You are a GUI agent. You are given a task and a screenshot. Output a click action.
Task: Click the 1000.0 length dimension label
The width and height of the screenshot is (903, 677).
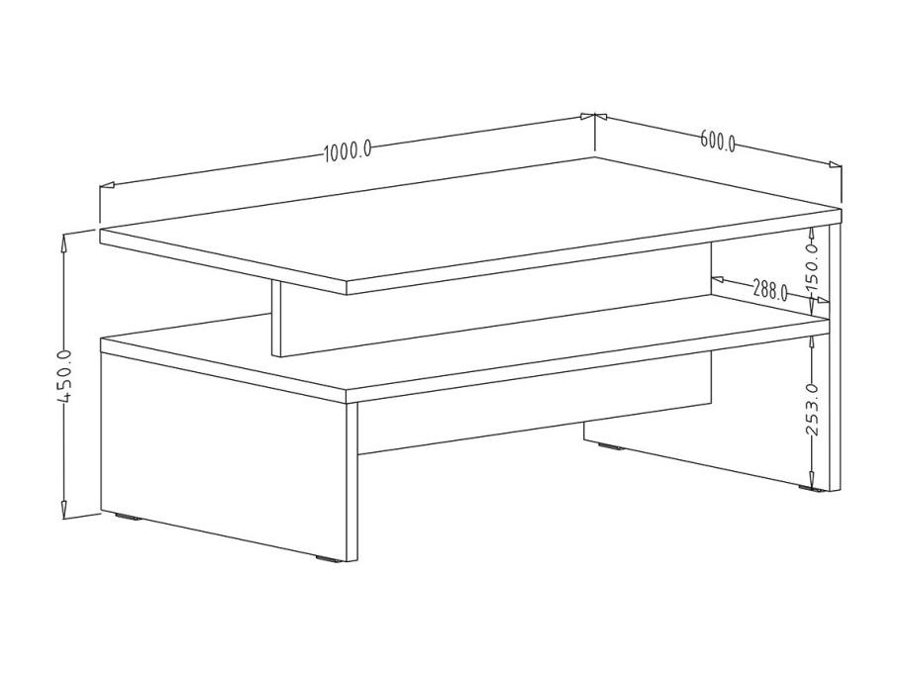click(348, 152)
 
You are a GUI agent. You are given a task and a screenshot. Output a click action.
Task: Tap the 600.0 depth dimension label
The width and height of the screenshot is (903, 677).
click(718, 141)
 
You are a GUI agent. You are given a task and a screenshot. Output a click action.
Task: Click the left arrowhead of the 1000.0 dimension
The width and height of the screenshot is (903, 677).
click(108, 185)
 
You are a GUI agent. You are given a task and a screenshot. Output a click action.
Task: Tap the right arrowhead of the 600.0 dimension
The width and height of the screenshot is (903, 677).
click(834, 164)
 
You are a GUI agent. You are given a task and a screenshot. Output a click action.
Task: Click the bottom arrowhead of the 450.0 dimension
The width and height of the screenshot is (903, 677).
click(64, 509)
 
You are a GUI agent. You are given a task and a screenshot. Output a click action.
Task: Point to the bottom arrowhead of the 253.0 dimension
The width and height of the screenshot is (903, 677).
click(812, 481)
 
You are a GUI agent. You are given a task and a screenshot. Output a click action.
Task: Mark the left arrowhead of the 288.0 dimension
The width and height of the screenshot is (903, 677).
click(720, 279)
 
